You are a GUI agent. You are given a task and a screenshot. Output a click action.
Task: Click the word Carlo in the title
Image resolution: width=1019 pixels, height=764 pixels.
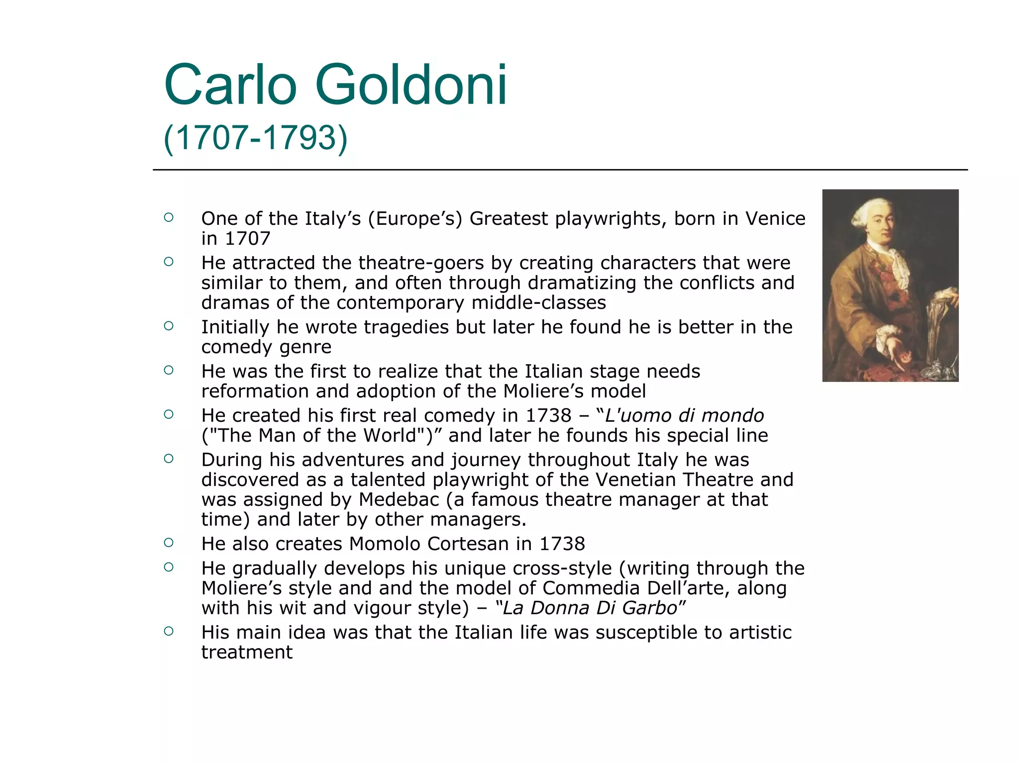230,86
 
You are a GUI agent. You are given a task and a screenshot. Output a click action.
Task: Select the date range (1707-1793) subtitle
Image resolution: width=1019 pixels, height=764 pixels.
255,138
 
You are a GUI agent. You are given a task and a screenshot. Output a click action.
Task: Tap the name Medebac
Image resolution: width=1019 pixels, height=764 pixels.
399,499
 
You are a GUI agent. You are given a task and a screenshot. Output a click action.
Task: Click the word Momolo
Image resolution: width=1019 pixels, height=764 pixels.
385,544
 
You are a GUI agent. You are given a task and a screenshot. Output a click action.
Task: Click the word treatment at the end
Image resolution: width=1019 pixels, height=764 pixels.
247,653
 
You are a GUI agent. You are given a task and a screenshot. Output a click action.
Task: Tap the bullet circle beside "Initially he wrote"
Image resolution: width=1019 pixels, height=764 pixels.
169,326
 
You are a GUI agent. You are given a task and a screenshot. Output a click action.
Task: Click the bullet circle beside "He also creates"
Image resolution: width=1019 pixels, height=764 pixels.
169,543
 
